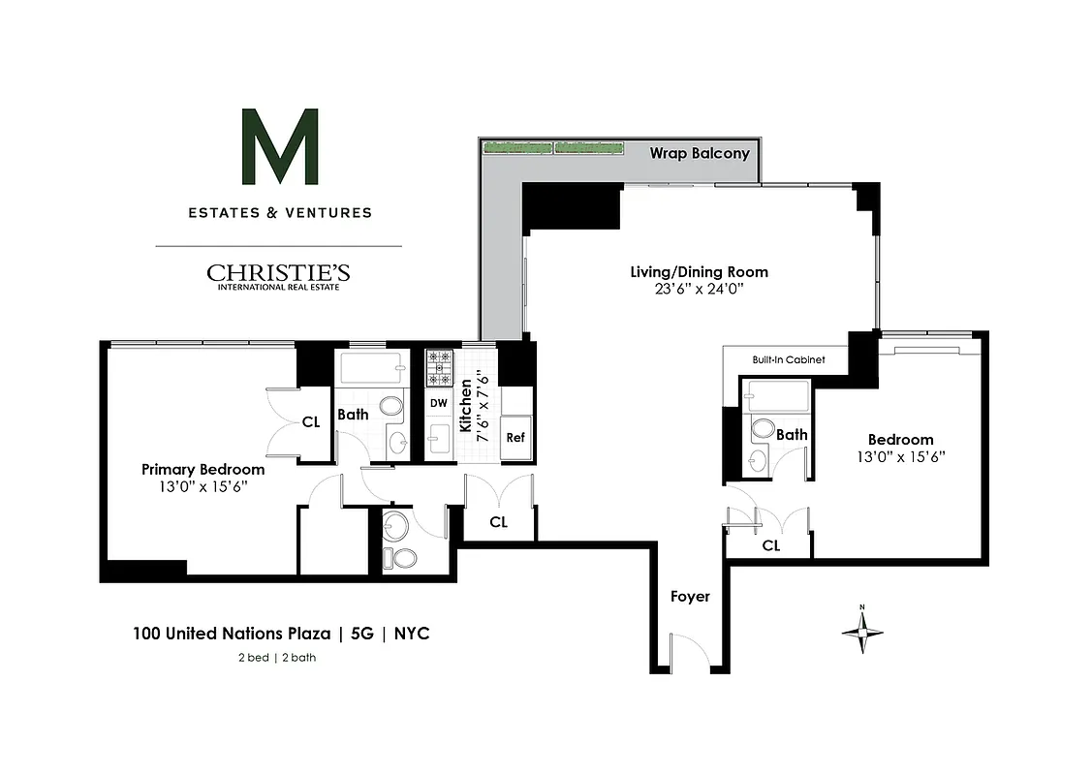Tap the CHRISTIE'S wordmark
279,273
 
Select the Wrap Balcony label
699,153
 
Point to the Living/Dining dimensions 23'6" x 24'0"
699,289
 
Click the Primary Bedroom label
203,469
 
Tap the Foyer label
690,597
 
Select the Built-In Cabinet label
788,360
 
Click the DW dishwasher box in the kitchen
438,403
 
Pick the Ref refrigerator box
515,438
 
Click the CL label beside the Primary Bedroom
311,421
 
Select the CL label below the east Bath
770,545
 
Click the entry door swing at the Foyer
689,650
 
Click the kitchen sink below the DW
438,439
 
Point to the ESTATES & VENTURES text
279,212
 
